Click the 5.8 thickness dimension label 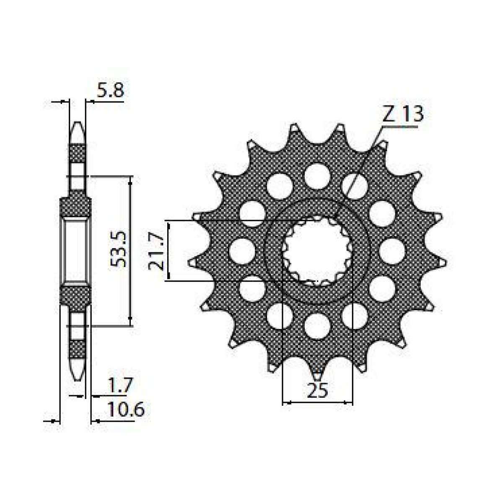[110, 91]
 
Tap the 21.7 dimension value [155, 251]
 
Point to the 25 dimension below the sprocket [317, 391]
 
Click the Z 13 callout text [402, 114]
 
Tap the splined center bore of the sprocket [317, 251]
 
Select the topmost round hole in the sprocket [317, 176]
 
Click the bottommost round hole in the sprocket [317, 326]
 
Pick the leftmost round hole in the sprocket [242, 251]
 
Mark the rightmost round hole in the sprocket [393, 251]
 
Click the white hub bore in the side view [75, 250]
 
